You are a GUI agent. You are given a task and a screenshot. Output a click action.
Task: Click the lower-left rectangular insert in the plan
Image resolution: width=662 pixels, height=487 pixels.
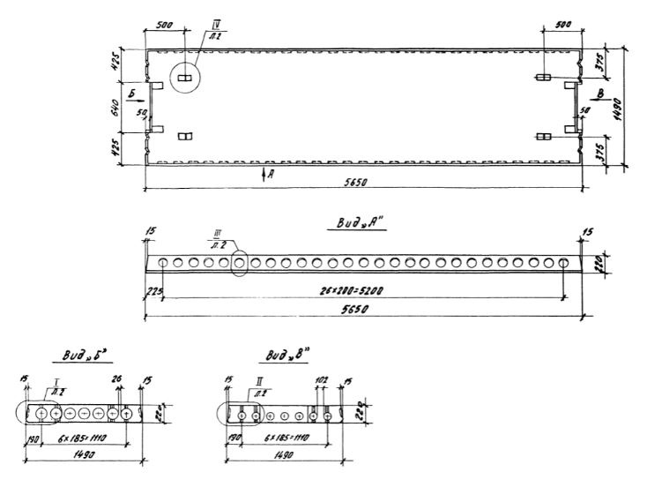(x=185, y=135)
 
